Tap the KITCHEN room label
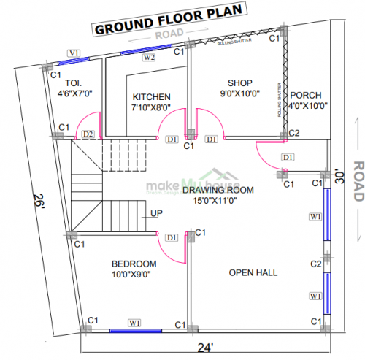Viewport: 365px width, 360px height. [x=152, y=97]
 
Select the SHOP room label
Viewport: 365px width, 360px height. [x=239, y=83]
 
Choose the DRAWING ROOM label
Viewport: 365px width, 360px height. [x=218, y=190]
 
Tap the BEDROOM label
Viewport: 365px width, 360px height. [x=134, y=264]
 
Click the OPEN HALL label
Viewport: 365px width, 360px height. [x=253, y=272]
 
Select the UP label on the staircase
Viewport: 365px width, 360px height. [x=156, y=213]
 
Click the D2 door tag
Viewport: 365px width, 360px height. [x=88, y=134]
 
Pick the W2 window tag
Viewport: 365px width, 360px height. [x=149, y=57]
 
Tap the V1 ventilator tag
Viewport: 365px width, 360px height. [x=74, y=53]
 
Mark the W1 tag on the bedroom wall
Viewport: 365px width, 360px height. [x=136, y=321]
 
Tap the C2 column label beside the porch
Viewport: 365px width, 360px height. [x=294, y=134]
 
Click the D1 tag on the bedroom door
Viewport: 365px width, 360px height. [x=172, y=237]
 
